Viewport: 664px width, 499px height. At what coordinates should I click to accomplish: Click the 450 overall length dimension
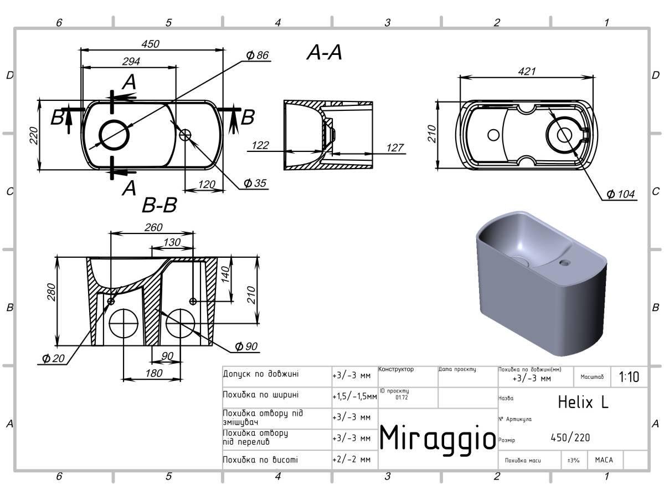(150, 44)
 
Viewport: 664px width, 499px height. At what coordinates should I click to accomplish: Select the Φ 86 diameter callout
(257, 55)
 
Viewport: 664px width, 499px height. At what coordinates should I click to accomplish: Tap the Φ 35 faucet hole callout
(255, 183)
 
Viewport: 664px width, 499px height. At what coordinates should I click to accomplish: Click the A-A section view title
(324, 52)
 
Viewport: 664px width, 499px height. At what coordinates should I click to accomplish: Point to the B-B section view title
(159, 205)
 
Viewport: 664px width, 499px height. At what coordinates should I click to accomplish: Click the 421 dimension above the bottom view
(527, 71)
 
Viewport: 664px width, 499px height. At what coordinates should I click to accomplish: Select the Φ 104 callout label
(620, 194)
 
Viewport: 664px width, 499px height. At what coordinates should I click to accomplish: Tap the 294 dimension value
(131, 62)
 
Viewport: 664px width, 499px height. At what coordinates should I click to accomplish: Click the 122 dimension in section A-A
(260, 145)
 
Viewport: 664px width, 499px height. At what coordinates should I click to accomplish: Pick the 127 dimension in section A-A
(395, 147)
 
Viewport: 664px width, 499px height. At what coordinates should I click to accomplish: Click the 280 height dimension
(52, 292)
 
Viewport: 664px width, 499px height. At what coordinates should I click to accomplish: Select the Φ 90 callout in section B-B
(246, 347)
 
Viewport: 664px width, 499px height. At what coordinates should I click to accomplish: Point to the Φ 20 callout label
(53, 359)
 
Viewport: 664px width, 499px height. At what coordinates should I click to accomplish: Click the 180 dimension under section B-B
(154, 373)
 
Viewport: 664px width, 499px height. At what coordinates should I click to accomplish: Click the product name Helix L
(583, 402)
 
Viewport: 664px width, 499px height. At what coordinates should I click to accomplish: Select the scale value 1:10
(629, 377)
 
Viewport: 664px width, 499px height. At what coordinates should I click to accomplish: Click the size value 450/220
(570, 437)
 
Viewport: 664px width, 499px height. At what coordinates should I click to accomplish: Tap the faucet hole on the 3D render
(564, 263)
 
